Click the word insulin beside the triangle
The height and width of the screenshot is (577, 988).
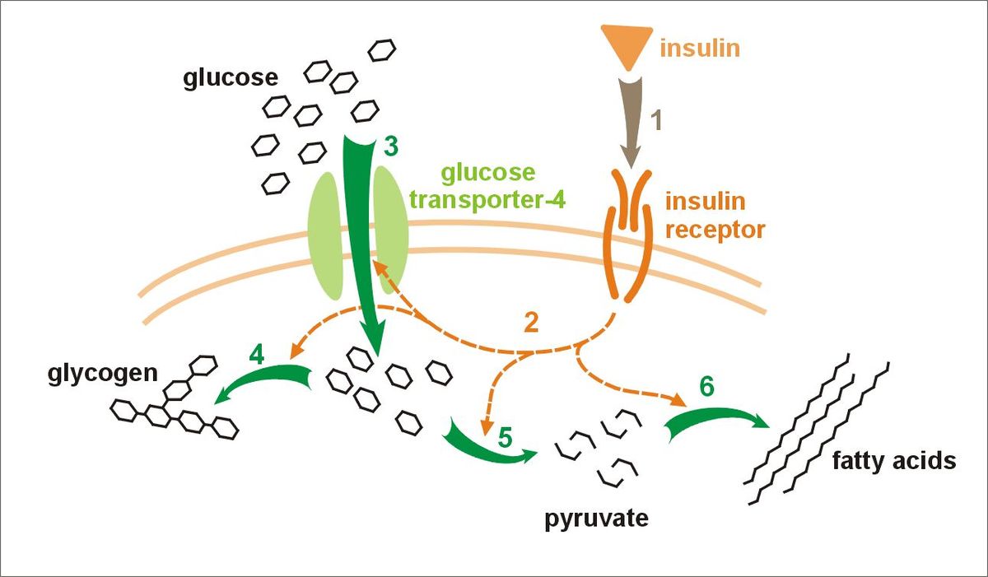(700, 49)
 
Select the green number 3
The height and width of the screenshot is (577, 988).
(391, 147)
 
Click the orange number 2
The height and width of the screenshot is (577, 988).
(531, 323)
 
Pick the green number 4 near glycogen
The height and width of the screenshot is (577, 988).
(256, 357)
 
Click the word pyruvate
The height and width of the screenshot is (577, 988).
(596, 519)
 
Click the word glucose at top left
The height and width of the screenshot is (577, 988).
(231, 78)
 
